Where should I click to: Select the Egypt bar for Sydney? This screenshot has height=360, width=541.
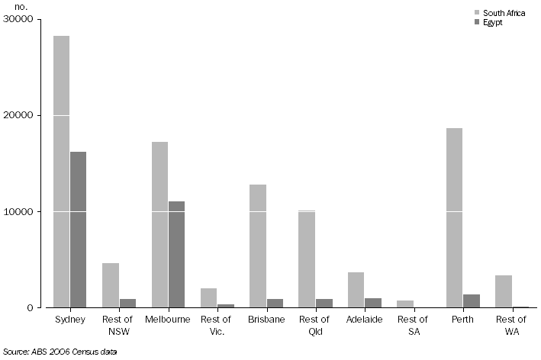tap(78, 230)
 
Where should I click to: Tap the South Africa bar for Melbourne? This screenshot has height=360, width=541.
tap(159, 225)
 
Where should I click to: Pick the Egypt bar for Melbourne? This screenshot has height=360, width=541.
tap(176, 255)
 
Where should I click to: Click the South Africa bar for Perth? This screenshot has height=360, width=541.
tap(454, 218)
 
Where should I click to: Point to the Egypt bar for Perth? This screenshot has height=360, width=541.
tap(472, 301)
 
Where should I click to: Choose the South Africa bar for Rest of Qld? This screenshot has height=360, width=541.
tap(307, 259)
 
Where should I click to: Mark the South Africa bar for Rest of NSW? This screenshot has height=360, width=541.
tap(111, 285)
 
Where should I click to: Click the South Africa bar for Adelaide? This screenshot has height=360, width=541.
tap(356, 290)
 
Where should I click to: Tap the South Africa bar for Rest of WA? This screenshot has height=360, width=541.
tap(504, 291)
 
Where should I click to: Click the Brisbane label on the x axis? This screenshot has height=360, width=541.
tap(266, 320)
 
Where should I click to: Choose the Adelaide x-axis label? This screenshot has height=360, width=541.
tap(364, 320)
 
